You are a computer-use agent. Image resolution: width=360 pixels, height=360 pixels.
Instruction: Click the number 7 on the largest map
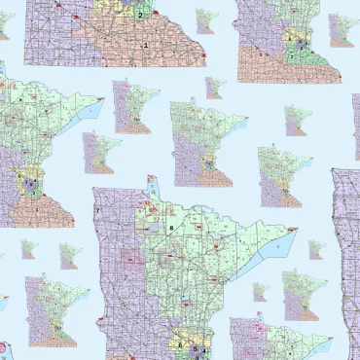click(98, 211)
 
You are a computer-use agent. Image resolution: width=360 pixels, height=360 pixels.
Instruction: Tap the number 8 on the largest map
click(171, 228)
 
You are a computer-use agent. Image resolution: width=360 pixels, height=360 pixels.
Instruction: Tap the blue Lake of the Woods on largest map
click(152, 185)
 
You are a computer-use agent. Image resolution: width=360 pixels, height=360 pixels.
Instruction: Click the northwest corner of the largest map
click(93, 189)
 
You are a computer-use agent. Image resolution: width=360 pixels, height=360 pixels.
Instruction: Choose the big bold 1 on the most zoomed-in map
click(146, 45)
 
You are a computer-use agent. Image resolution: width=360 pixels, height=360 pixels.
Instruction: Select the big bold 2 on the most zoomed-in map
click(140, 15)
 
